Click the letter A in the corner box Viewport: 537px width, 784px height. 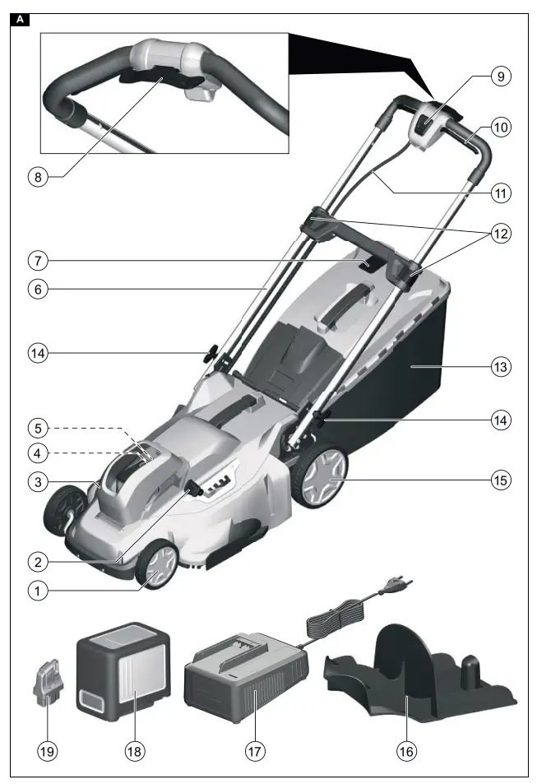pyautogui.click(x=20, y=18)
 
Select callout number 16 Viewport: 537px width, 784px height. pyautogui.click(x=405, y=750)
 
